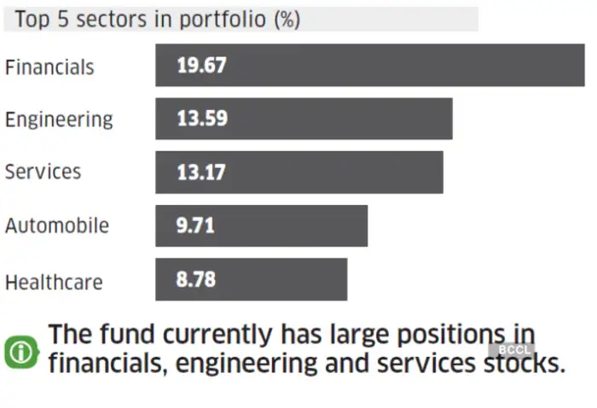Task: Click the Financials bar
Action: tap(370, 66)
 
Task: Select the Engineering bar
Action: tap(304, 119)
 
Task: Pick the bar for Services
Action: tap(299, 172)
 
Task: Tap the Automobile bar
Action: tap(261, 225)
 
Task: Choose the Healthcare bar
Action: tap(251, 279)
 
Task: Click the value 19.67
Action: tap(202, 66)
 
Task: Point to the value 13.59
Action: tap(202, 119)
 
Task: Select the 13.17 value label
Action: tap(201, 172)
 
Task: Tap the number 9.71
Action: tap(195, 225)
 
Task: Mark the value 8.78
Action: tap(195, 279)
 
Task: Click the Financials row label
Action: tap(49, 67)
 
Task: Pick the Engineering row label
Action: tap(59, 119)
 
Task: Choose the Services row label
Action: tap(43, 172)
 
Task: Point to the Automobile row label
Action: tap(57, 225)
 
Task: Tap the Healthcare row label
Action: tap(54, 281)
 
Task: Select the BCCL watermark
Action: tap(515, 350)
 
